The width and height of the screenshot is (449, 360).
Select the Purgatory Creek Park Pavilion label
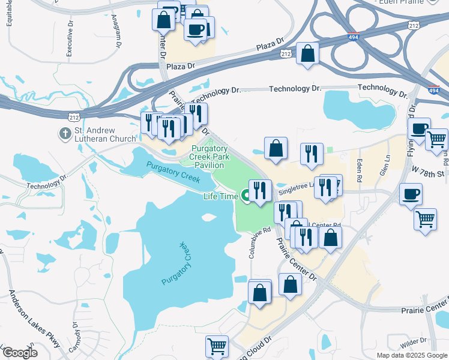click(x=209, y=157)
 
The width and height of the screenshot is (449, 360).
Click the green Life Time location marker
click(x=246, y=195)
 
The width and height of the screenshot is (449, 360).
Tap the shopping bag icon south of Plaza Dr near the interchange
click(x=307, y=53)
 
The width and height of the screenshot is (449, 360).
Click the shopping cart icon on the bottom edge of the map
click(x=217, y=346)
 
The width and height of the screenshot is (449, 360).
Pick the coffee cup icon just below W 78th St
click(x=411, y=194)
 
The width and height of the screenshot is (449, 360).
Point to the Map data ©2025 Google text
click(x=411, y=355)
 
